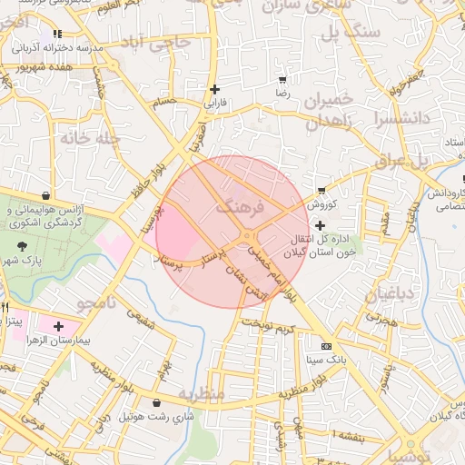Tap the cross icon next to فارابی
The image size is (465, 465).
[x=214, y=89]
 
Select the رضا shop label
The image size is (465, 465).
[x=282, y=93]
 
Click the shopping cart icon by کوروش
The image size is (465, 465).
[x=322, y=191]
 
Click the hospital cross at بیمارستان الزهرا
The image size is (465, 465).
[x=58, y=325]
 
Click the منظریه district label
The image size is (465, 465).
[x=201, y=395]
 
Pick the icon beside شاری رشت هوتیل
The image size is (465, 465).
[x=159, y=402]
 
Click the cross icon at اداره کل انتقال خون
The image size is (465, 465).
[x=320, y=224]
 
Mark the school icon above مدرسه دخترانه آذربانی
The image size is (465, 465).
[x=57, y=34]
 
